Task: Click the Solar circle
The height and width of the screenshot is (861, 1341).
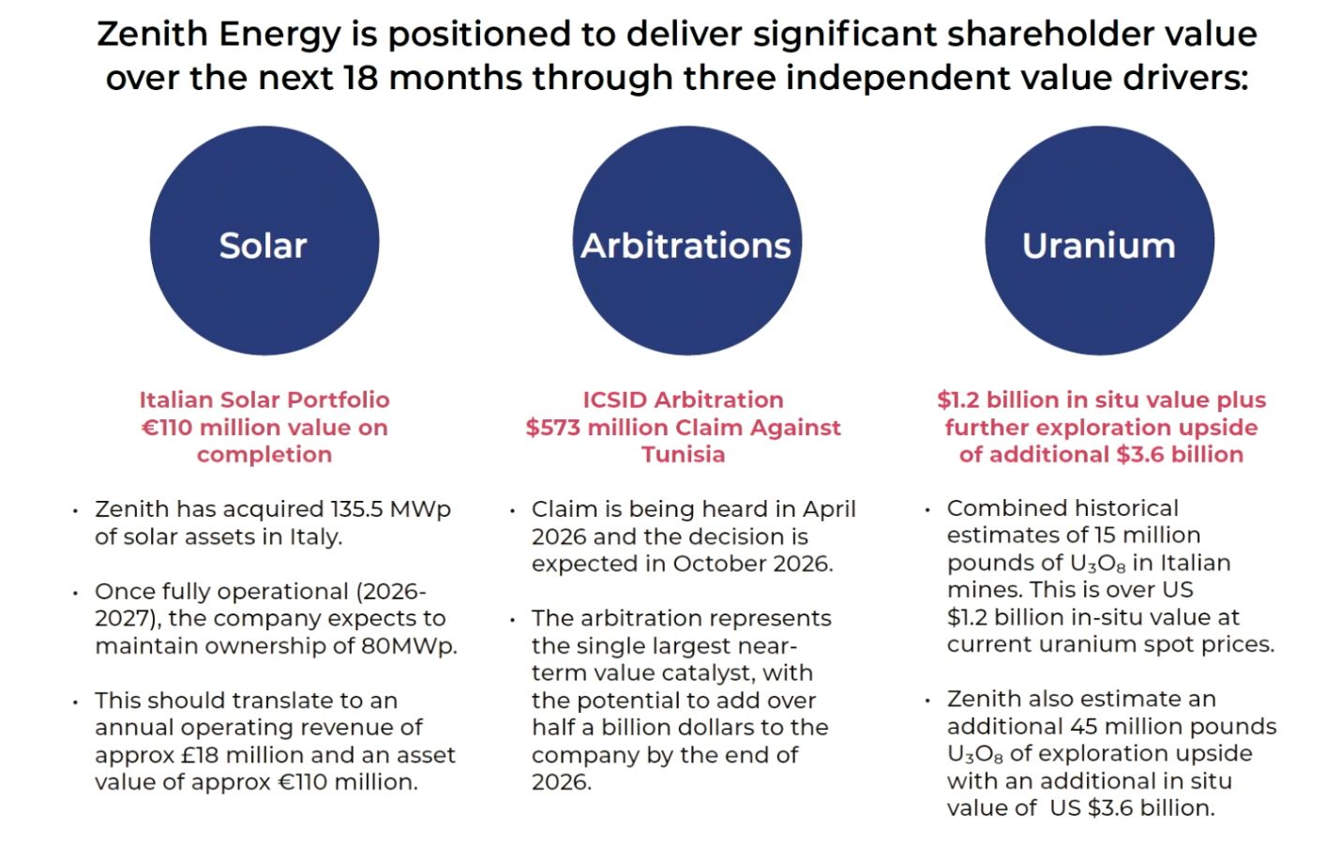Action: click(x=264, y=241)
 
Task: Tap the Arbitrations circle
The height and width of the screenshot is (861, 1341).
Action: click(x=686, y=241)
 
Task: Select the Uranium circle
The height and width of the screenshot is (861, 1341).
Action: click(x=1100, y=241)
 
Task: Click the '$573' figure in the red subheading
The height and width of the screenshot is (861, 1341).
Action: click(x=550, y=428)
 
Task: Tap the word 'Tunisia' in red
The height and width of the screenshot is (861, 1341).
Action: click(x=683, y=455)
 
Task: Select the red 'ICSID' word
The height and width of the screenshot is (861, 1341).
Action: click(x=615, y=400)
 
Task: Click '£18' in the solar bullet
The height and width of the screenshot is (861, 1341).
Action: click(x=200, y=755)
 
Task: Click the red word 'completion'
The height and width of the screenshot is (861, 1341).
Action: click(x=264, y=456)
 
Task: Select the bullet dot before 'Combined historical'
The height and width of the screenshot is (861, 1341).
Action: click(x=927, y=511)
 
